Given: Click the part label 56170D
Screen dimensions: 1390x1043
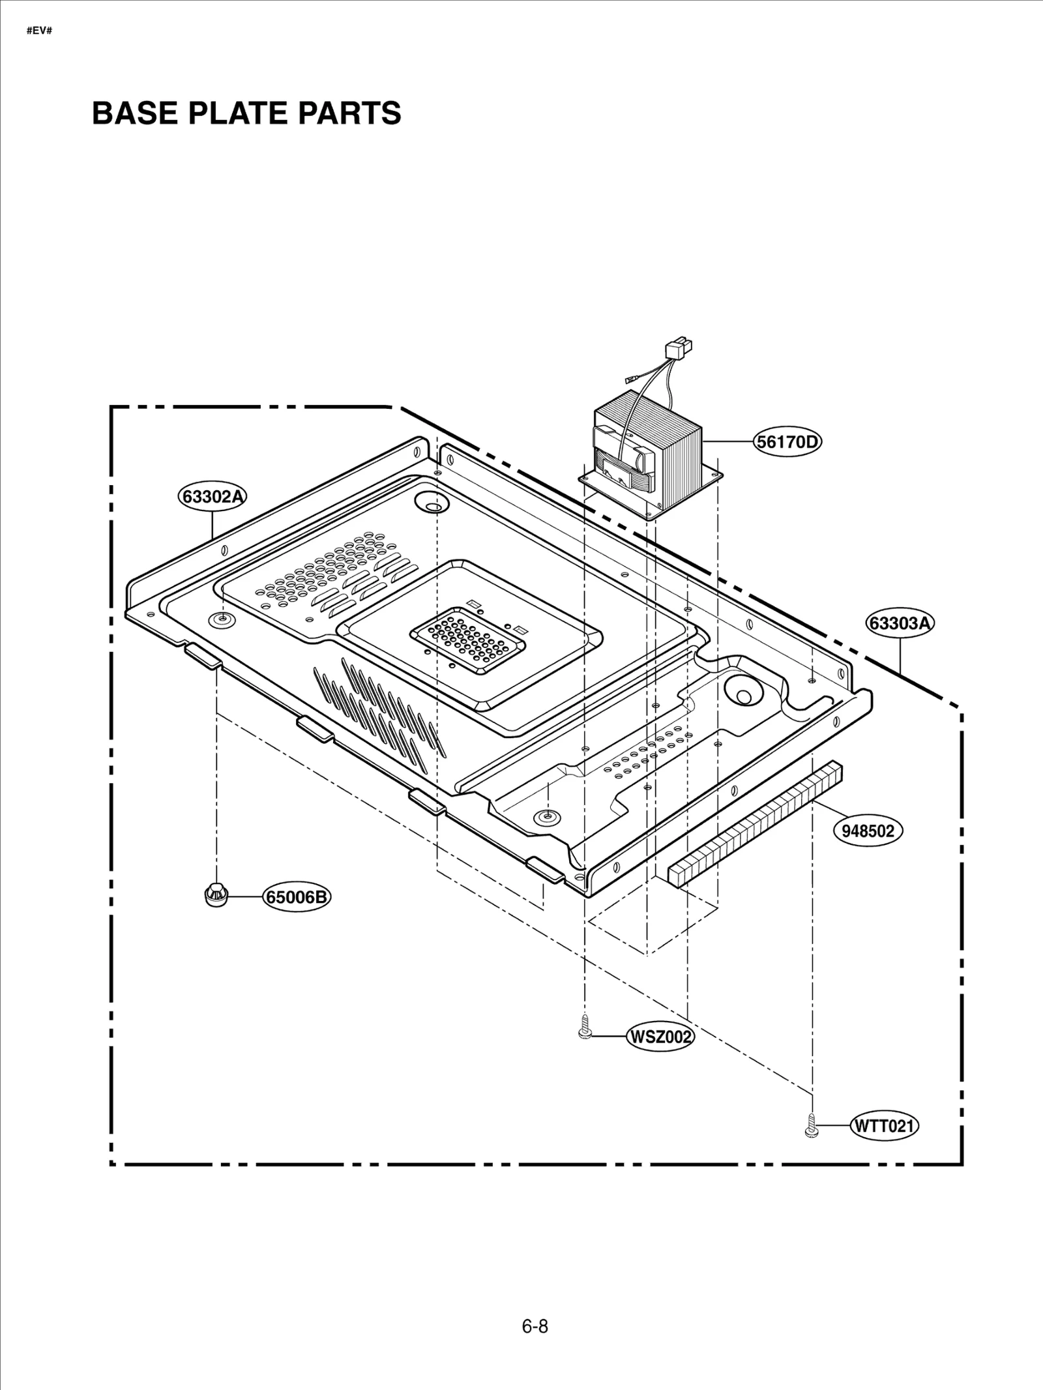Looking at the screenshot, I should pyautogui.click(x=787, y=442).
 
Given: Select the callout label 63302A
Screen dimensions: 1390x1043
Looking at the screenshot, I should pyautogui.click(x=213, y=497).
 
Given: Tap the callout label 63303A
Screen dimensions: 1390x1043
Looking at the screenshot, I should pyautogui.click(x=900, y=623).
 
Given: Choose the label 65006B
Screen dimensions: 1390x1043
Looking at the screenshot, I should pyautogui.click(x=297, y=897).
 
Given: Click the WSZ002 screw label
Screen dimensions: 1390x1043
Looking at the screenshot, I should pyautogui.click(x=659, y=1036).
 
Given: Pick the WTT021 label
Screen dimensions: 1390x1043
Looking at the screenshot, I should pyautogui.click(x=885, y=1126).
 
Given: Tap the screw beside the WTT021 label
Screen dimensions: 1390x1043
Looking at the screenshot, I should pyautogui.click(x=812, y=1126).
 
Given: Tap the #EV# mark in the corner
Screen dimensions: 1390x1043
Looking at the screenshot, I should pyautogui.click(x=38, y=31).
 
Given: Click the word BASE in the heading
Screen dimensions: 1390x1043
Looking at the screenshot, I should pyautogui.click(x=134, y=113).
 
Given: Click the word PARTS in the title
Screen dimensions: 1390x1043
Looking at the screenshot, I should pyautogui.click(x=350, y=113).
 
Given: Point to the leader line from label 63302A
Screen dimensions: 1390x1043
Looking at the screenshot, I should pyautogui.click(x=213, y=525).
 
